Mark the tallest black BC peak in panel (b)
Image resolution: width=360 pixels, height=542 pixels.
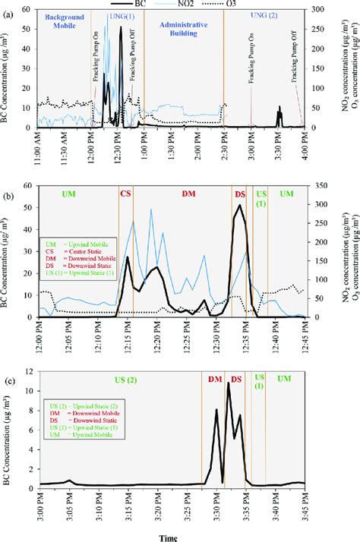coord(240,205)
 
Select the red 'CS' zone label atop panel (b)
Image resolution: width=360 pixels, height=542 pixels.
coord(125,194)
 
